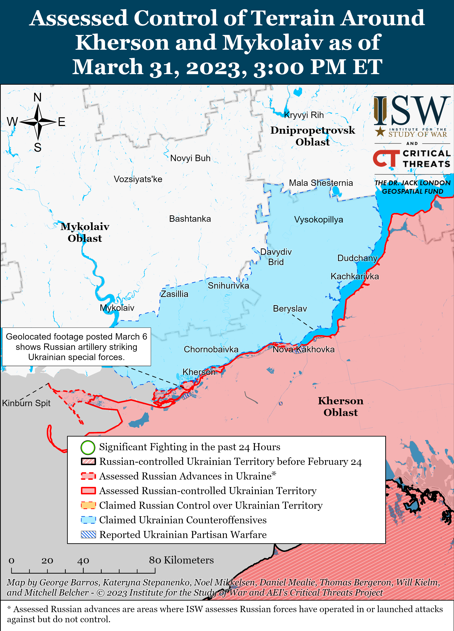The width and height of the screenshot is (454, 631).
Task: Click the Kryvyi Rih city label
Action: tap(304, 115)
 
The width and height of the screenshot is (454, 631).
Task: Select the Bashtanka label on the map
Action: tap(190, 219)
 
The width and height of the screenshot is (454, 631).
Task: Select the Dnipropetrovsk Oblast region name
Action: tap(313, 136)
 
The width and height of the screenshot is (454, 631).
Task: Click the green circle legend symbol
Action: tap(88, 447)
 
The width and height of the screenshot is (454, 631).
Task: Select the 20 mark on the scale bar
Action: tap(47, 561)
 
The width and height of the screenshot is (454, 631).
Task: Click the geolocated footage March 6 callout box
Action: tap(76, 347)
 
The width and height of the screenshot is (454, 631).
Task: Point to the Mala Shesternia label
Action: tap(321, 183)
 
